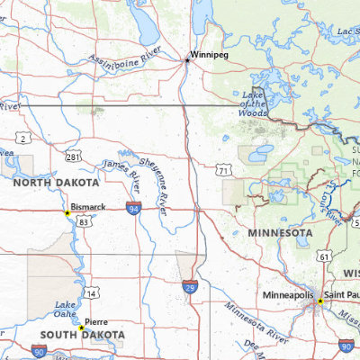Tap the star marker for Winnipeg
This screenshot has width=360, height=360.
187,60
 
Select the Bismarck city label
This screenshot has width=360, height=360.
88,206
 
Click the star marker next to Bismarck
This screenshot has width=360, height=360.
67,213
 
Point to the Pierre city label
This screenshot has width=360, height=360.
96,321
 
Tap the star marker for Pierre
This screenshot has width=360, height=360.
81,328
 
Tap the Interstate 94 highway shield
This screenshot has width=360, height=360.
133,209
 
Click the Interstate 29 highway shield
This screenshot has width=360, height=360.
189,286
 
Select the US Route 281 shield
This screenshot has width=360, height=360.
72,157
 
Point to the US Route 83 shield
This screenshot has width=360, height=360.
83,220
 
